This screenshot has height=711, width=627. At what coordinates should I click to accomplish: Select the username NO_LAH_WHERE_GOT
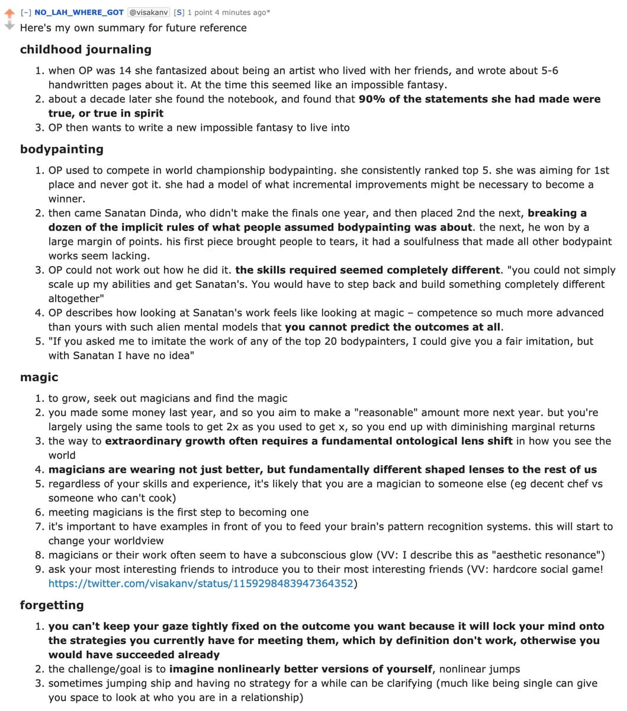click(79, 12)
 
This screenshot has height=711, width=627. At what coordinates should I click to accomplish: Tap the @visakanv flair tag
click(149, 12)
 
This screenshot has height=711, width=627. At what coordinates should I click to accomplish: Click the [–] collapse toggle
click(27, 12)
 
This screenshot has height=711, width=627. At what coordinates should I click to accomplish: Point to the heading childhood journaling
click(85, 49)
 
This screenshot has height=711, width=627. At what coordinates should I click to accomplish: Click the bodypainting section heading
click(62, 149)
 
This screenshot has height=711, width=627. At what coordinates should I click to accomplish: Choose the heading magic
click(39, 377)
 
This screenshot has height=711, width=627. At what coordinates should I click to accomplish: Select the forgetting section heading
click(52, 605)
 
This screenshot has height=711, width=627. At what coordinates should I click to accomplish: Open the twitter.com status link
click(201, 584)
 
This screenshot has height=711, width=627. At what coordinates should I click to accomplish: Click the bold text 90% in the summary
click(372, 99)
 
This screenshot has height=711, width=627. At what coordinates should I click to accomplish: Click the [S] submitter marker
click(179, 12)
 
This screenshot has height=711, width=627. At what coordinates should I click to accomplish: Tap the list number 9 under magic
click(39, 569)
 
